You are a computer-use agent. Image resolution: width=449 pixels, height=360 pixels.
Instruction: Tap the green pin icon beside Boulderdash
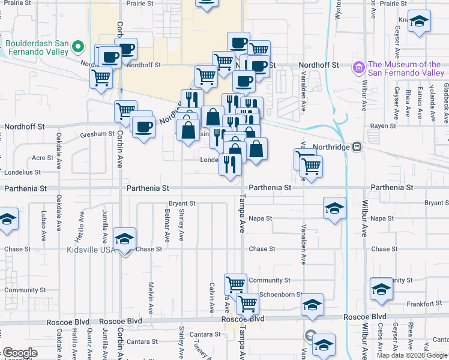click(77, 46)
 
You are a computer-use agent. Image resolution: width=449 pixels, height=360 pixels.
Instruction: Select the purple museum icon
click(360, 67)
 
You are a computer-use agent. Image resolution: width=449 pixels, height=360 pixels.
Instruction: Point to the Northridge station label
click(330, 146)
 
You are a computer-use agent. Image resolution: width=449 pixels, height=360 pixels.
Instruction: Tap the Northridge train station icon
click(357, 146)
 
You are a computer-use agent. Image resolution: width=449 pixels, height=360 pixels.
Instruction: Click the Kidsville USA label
click(90, 249)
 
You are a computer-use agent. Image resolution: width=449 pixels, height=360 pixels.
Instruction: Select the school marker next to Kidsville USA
click(125, 240)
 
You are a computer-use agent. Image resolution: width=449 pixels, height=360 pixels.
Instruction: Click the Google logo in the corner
click(20, 353)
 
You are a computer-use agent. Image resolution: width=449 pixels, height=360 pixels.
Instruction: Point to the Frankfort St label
click(427, 304)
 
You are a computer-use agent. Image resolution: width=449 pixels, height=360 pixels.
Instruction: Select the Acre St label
click(43, 158)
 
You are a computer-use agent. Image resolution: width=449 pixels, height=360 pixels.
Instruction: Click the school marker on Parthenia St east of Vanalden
click(335, 209)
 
